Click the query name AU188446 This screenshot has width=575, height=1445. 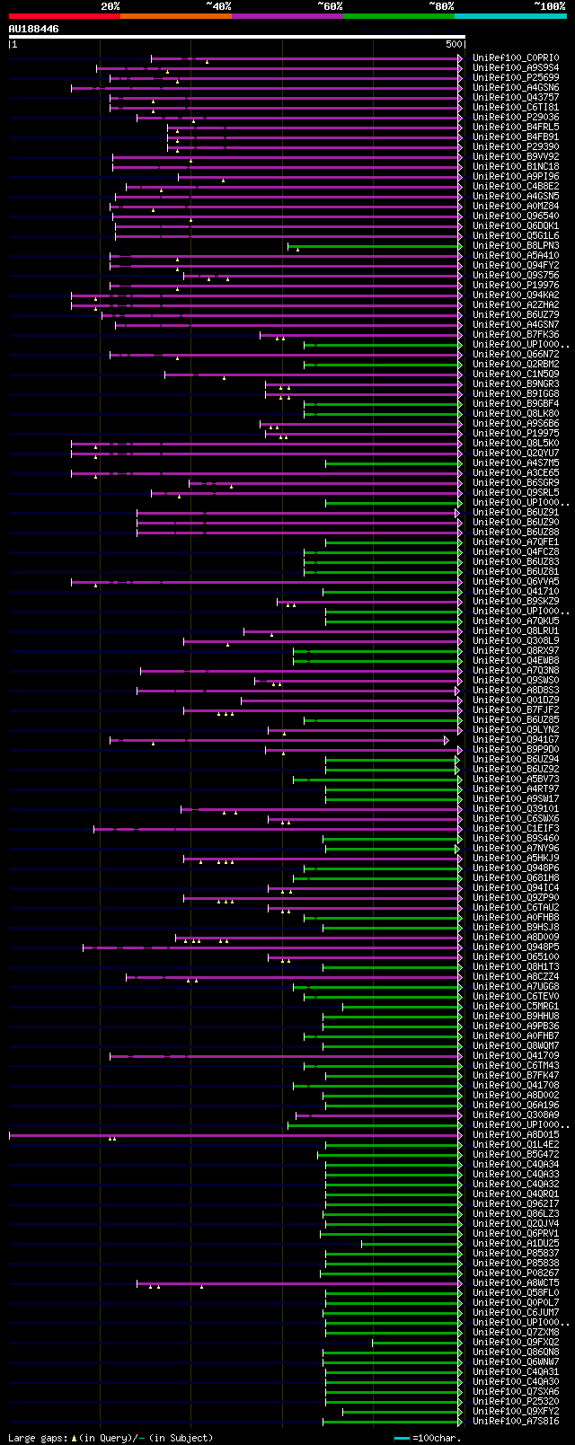pyautogui.click(x=34, y=29)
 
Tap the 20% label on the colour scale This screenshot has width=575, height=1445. pyautogui.click(x=111, y=6)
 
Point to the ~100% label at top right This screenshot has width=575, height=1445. pyautogui.click(x=549, y=6)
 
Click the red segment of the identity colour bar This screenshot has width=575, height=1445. pyautogui.click(x=64, y=16)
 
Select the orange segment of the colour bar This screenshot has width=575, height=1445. pyautogui.click(x=175, y=16)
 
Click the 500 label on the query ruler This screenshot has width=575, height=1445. pyautogui.click(x=454, y=44)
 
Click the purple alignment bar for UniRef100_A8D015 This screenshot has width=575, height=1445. pyautogui.click(x=234, y=1135)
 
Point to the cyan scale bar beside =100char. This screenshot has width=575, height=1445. pyautogui.click(x=402, y=1438)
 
